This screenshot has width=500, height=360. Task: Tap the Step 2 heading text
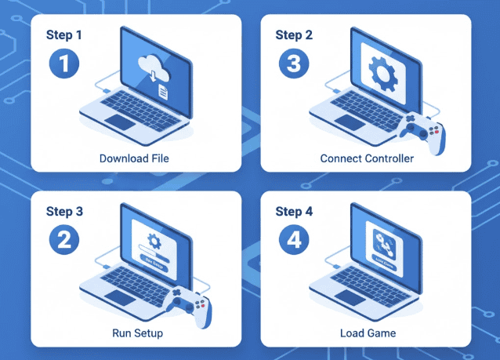pos(294,35)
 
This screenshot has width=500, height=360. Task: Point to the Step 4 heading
pos(294,212)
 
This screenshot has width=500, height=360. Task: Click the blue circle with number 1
pos(65,64)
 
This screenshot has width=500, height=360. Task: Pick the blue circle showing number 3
pos(294,64)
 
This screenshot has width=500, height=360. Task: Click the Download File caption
pos(134,158)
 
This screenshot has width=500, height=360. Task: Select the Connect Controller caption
pos(367,158)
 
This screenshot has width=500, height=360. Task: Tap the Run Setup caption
pos(137,333)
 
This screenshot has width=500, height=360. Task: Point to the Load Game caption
pos(368,333)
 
